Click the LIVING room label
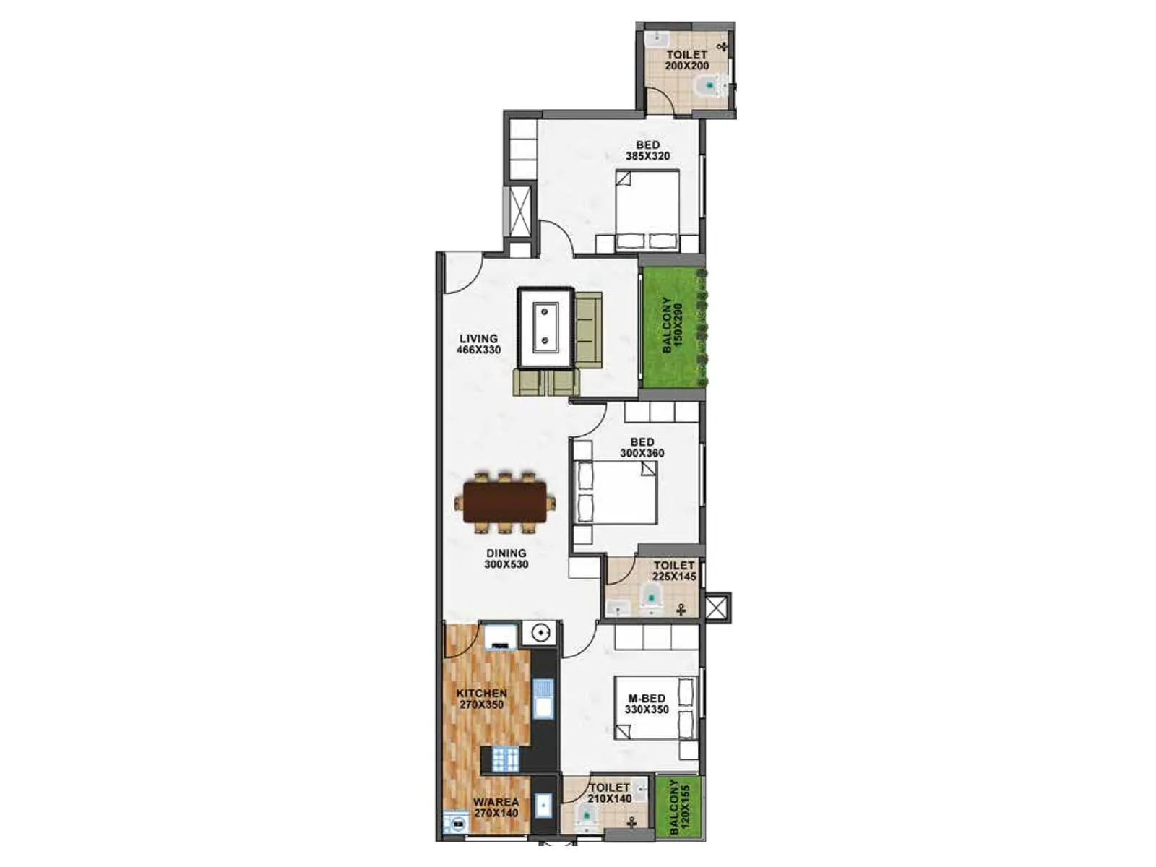tap(478, 344)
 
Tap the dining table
tap(505, 502)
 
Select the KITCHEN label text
tap(481, 699)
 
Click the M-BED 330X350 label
tap(647, 704)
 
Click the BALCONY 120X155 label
tap(679, 806)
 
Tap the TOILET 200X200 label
tap(686, 60)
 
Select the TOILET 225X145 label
tap(674, 571)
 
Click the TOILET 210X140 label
tap(609, 793)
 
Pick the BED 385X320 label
tap(647, 150)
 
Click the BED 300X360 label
tap(642, 447)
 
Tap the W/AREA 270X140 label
tap(496, 807)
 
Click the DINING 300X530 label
tap(506, 558)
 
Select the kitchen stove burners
tap(506, 759)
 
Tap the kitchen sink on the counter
tap(543, 699)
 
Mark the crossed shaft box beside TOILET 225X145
tap(717, 607)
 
